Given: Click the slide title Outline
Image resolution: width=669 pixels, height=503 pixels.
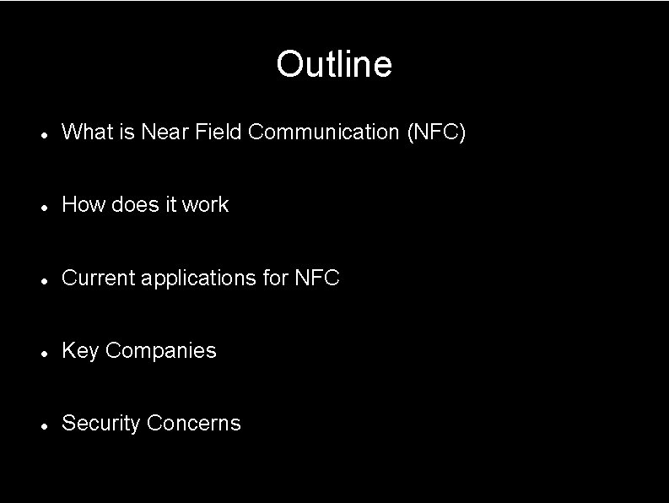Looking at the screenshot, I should (x=334, y=64).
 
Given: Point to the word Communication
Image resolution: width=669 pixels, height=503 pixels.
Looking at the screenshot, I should (x=324, y=132).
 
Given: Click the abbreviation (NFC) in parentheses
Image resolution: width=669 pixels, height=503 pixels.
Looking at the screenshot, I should (x=435, y=132).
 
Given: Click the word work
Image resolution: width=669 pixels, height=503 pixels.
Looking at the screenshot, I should (x=205, y=204).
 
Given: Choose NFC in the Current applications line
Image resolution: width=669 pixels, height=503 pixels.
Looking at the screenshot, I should (x=316, y=278).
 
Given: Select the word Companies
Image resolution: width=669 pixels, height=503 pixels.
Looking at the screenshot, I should (x=161, y=350).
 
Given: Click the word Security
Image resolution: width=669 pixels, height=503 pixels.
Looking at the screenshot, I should (x=101, y=423).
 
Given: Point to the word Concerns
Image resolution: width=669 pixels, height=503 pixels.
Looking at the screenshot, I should (x=193, y=423).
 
